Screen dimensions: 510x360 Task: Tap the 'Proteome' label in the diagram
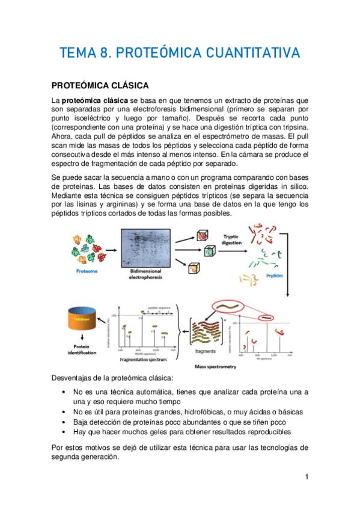(x=84, y=271)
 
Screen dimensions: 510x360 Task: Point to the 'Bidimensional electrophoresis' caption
(x=144, y=275)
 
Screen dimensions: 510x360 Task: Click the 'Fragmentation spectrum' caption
(x=145, y=358)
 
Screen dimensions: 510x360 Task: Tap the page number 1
(x=307, y=477)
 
